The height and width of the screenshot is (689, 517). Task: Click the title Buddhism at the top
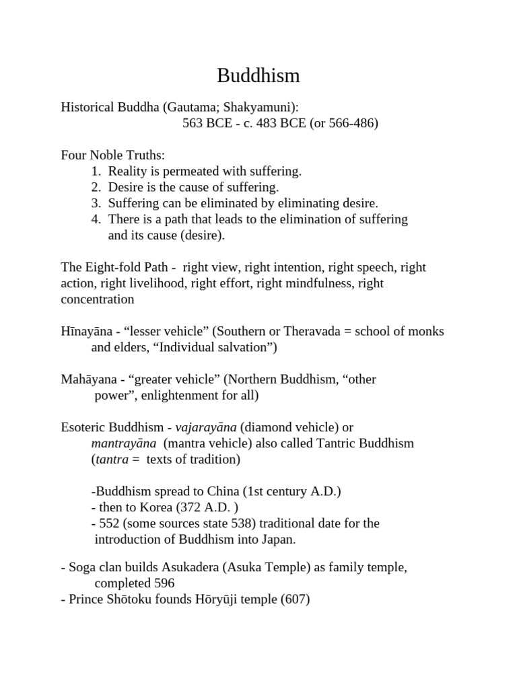pos(258,76)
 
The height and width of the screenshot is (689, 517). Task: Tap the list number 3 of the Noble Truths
pos(96,203)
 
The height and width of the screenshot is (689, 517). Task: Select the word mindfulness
pos(320,283)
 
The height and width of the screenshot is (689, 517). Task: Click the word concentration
pos(98,299)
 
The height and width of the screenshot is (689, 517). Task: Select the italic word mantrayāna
pos(124,443)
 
